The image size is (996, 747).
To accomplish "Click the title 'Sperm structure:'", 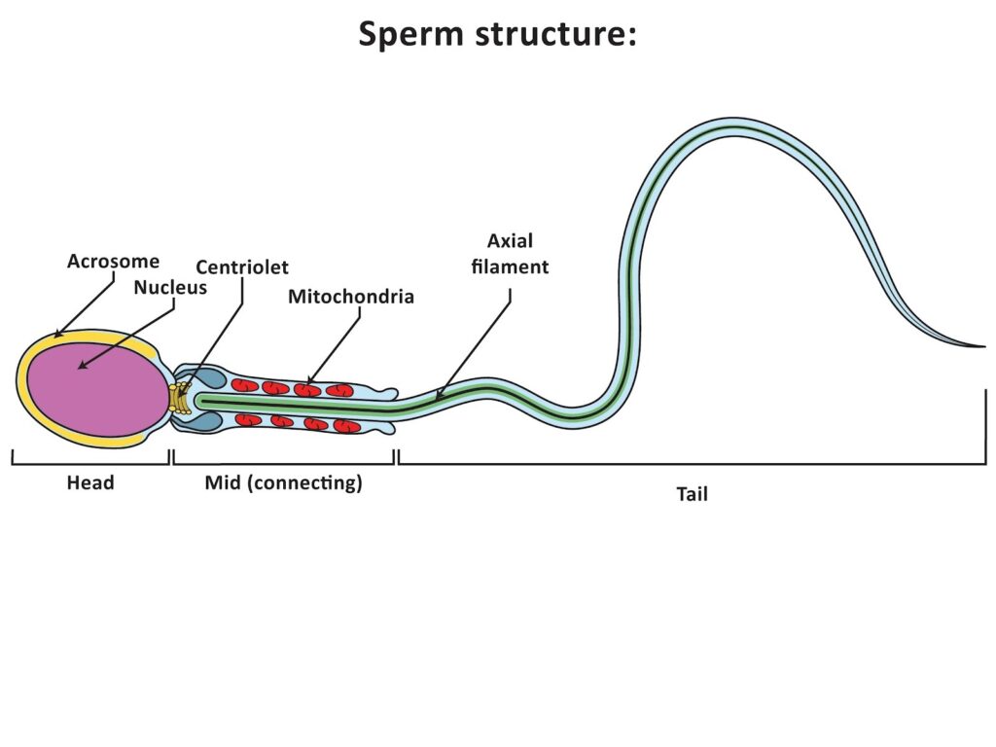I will [x=497, y=34].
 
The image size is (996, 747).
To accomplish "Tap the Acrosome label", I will [x=113, y=262].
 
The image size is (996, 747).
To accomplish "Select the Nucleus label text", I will [x=170, y=287].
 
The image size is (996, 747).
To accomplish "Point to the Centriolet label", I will [x=242, y=267].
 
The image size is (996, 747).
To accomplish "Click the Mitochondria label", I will [x=351, y=297].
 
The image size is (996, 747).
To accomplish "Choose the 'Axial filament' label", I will [x=510, y=253].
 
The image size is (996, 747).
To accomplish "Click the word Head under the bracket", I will [x=90, y=482].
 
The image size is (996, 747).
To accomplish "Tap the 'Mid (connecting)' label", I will [x=283, y=482].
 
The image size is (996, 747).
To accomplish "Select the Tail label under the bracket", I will [x=692, y=494].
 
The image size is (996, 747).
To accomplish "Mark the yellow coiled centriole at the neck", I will [x=179, y=398].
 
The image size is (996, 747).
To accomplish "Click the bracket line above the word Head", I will [x=90, y=464].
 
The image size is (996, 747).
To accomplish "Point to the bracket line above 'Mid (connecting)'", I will [x=283, y=464].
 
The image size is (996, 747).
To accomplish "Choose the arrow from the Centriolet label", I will [x=208, y=337].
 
